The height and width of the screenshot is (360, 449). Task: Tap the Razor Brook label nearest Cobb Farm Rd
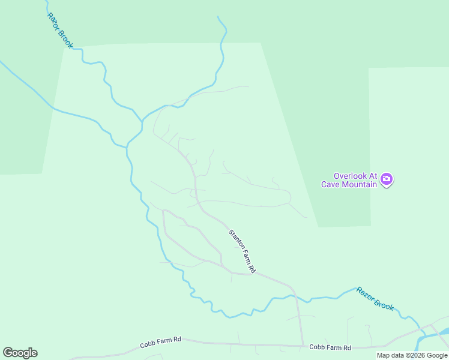click(x=375, y=298)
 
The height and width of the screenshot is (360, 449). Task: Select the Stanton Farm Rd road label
click(x=242, y=251)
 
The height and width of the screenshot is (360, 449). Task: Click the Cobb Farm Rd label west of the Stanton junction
click(x=160, y=342)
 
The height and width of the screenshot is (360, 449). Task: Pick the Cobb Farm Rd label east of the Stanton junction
click(x=330, y=347)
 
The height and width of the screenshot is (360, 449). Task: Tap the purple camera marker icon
click(x=387, y=179)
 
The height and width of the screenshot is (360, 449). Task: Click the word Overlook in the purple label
click(x=355, y=176)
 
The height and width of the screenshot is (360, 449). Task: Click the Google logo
click(x=20, y=353)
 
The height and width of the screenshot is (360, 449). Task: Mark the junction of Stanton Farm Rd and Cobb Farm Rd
click(x=302, y=346)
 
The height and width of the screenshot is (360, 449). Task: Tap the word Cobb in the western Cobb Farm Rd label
click(x=148, y=344)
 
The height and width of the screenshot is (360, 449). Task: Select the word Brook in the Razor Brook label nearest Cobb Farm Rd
click(x=384, y=304)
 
